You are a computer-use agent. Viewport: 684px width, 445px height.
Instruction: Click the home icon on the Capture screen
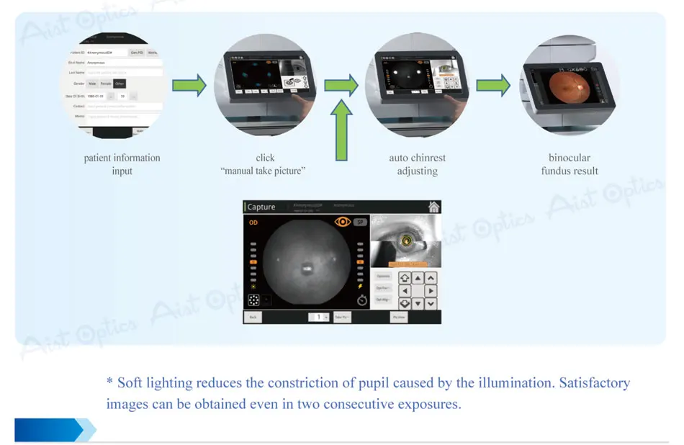[433, 207]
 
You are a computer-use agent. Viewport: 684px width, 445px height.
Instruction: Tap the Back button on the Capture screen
[253, 317]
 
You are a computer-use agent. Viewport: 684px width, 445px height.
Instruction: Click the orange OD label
[253, 223]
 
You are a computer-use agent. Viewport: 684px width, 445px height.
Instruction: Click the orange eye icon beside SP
[343, 223]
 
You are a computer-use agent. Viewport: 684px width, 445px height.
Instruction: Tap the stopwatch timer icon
[362, 300]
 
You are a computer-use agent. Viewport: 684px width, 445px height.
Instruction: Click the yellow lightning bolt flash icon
[361, 286]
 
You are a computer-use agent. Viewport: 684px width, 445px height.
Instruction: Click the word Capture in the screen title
[261, 207]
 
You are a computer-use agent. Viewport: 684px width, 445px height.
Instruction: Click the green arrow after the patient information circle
[189, 86]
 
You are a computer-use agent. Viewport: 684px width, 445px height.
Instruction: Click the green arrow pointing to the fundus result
[493, 86]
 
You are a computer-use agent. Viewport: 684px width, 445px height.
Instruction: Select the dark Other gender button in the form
[120, 84]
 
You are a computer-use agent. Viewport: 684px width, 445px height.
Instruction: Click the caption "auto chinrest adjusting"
[418, 164]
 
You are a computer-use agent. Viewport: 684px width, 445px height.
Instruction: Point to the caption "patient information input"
[122, 164]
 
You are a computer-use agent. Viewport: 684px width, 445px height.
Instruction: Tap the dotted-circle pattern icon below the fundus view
[253, 300]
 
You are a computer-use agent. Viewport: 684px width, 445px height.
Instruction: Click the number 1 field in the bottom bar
[318, 317]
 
